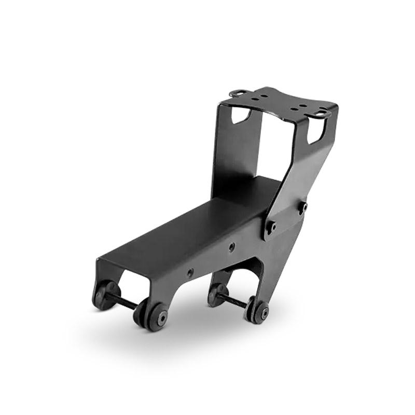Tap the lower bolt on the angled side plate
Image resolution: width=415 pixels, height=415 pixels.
click(x=271, y=226)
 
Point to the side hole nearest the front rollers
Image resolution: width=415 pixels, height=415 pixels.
click(x=191, y=271)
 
